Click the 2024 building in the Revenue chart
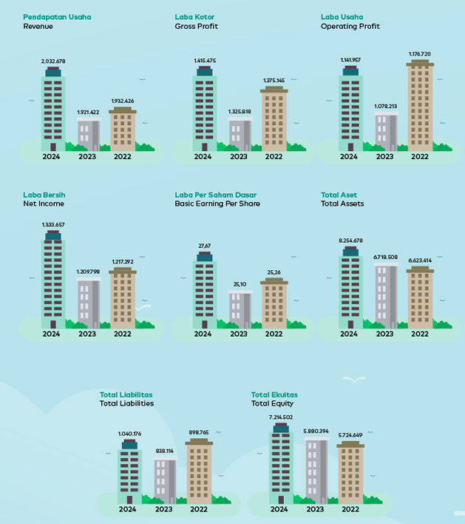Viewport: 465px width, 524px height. click(x=53, y=111)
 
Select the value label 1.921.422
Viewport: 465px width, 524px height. click(x=88, y=112)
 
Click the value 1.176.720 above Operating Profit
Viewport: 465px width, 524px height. click(x=420, y=54)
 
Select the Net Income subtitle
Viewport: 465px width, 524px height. click(x=44, y=204)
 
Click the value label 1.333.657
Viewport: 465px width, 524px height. click(x=53, y=224)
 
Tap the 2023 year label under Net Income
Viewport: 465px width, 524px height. click(x=87, y=334)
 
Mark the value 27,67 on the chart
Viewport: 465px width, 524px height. click(x=205, y=246)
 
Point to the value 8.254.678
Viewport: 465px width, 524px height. click(x=350, y=241)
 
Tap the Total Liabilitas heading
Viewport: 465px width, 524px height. click(x=126, y=394)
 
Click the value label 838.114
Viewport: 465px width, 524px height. click(x=165, y=451)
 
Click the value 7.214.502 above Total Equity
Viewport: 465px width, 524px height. click(x=281, y=417)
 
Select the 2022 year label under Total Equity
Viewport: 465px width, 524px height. click(x=350, y=509)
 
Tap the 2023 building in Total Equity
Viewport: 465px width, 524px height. click(x=316, y=471)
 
